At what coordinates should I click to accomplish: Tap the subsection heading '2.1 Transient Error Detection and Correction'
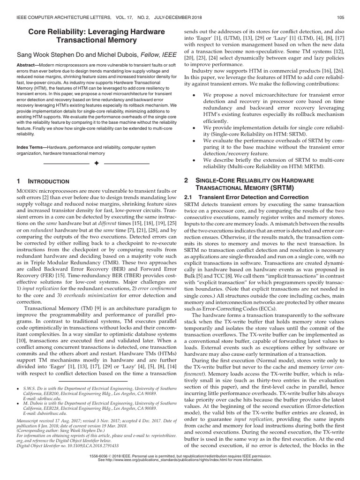pyautogui.click(x=246, y=197)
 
